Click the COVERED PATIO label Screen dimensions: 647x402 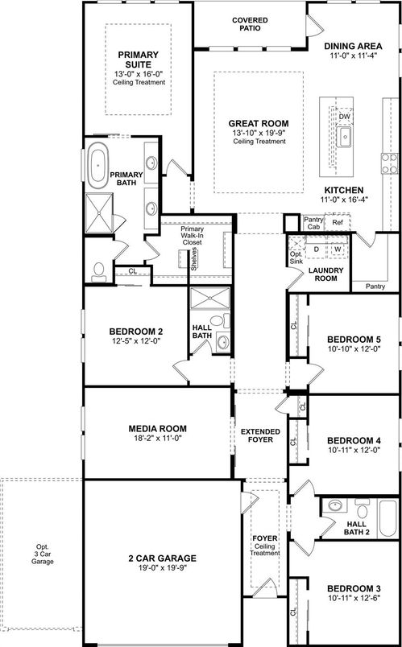[x=250, y=23]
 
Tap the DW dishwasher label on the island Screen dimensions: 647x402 [x=345, y=117]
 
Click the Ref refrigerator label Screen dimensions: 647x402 [x=338, y=222]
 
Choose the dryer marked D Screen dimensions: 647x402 [x=316, y=249]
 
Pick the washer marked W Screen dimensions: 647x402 [x=338, y=249]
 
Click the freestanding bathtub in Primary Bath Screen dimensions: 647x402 [x=97, y=163]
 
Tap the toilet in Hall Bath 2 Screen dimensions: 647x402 [x=333, y=507]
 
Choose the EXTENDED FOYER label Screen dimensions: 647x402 [x=260, y=436]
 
